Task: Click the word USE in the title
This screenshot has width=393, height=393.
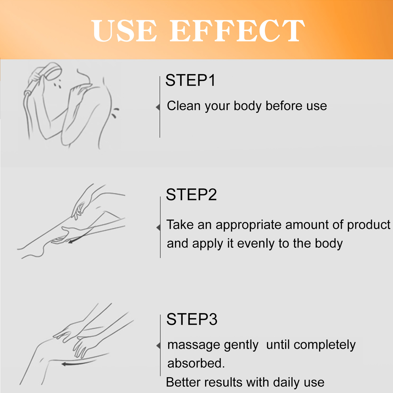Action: coord(124,31)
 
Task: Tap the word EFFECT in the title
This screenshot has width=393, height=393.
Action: coord(237,31)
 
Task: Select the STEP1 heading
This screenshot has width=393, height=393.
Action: coord(190,80)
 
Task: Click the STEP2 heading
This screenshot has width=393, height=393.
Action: coord(191,195)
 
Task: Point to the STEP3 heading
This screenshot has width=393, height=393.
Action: coord(192,319)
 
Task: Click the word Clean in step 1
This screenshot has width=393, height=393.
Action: coord(184,106)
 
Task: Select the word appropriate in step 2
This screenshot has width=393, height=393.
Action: coord(249,225)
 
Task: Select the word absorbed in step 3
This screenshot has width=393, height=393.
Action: coord(196,363)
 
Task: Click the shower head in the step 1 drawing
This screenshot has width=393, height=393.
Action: coord(52,69)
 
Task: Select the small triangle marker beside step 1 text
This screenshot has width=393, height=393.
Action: coord(158,107)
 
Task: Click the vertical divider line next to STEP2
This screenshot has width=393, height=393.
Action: coord(160,227)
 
